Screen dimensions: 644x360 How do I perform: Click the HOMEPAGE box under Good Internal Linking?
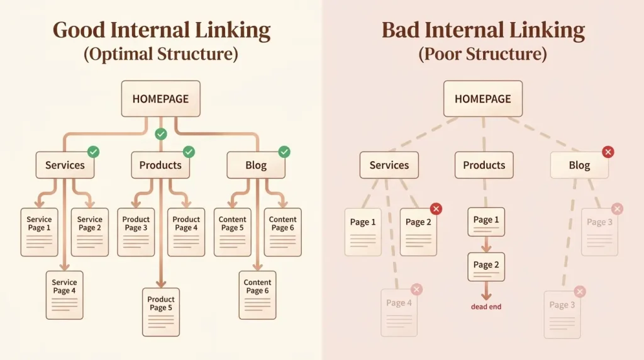pos(160,99)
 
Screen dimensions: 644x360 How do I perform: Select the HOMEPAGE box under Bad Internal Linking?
pos(483,99)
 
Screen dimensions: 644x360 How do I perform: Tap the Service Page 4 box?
pos(65,295)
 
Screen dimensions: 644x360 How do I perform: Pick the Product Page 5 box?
pos(161,312)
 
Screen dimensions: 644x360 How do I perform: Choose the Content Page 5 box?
pos(233,232)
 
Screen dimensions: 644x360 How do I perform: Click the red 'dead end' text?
pos(486,307)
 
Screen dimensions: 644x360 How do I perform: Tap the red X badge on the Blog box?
pos(608,152)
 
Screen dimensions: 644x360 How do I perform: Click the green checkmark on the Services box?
pos(93,152)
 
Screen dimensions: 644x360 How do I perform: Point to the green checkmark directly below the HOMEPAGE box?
pos(161,134)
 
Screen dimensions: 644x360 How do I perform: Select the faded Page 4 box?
pos(399,313)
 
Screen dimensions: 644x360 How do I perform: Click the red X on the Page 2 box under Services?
pos(436,209)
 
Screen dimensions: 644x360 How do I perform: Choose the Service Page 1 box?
pos(40,232)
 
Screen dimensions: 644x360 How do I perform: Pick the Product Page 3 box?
pos(136,232)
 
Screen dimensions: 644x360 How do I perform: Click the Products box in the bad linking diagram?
pos(484,165)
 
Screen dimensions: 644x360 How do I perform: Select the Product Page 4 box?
pos(186,232)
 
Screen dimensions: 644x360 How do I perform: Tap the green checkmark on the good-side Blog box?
pos(284,152)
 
